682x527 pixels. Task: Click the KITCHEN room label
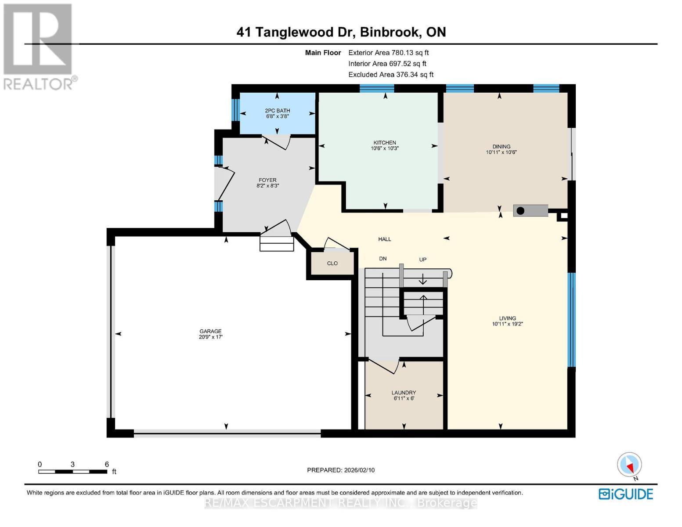385,143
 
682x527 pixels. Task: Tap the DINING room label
501,147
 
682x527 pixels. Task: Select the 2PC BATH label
277,111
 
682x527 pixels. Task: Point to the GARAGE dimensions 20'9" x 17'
210,337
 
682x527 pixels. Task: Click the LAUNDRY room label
404,393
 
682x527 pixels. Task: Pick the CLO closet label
332,263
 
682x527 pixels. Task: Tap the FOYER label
267,180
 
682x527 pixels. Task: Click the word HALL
385,239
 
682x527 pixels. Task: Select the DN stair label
383,259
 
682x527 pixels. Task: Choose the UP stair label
422,260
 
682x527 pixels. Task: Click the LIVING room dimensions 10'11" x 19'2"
507,324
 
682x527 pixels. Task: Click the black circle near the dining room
520,211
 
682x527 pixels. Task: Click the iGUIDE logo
626,494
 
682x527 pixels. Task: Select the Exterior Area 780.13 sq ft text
388,53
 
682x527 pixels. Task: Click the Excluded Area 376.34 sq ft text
391,75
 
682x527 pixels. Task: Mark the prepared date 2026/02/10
341,470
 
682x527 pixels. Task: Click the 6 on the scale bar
107,464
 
